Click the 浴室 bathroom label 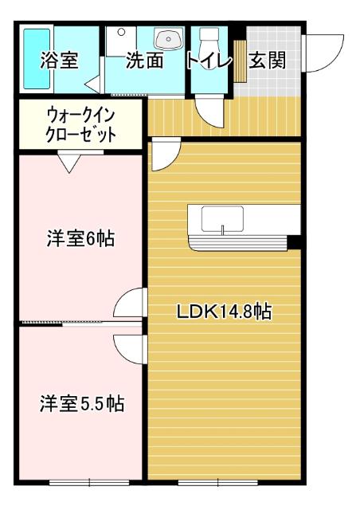(x=60, y=61)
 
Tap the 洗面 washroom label (x=144, y=61)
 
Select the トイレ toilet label (x=209, y=61)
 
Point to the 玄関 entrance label (x=267, y=61)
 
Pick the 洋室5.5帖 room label (x=82, y=403)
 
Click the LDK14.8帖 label (x=224, y=312)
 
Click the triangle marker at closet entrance (x=68, y=163)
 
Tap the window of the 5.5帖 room (x=88, y=482)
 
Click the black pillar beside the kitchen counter (x=294, y=241)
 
